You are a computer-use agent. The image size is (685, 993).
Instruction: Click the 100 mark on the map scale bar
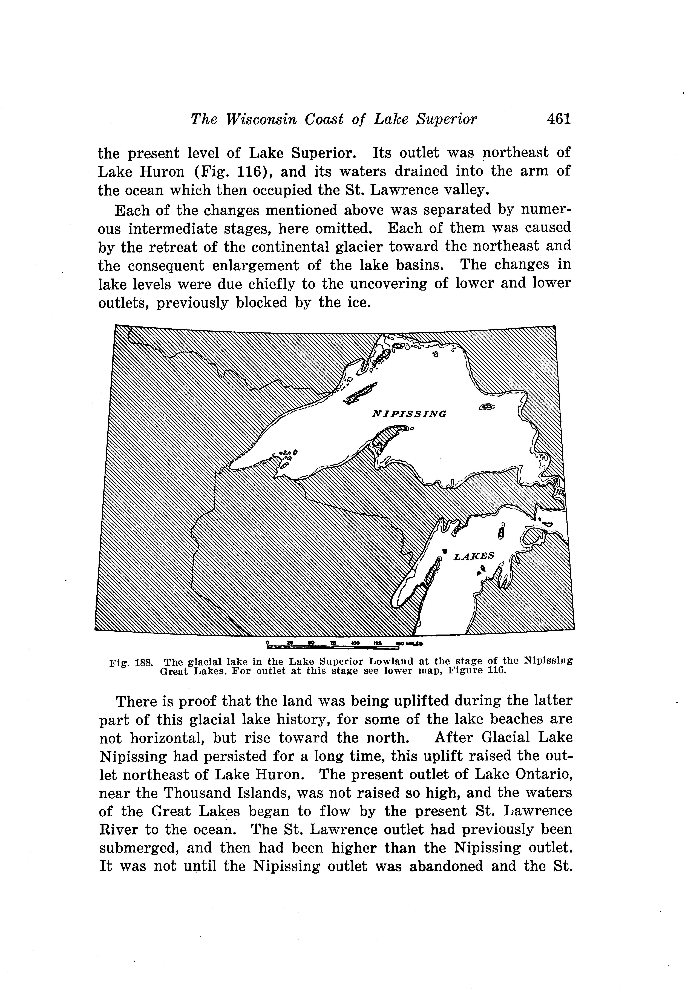[x=355, y=643]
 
